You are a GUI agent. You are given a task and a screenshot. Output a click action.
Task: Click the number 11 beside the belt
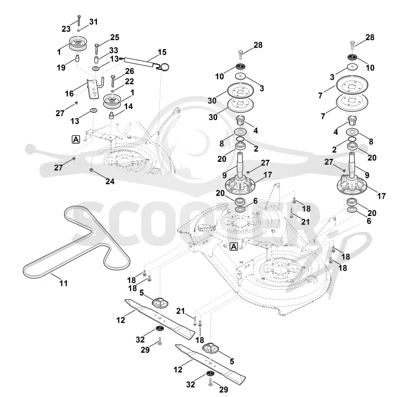point(64,283)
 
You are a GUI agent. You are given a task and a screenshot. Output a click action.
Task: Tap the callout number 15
point(162,52)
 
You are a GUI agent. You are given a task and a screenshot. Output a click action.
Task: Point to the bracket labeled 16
point(95,89)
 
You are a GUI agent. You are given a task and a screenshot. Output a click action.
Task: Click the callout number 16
point(69,94)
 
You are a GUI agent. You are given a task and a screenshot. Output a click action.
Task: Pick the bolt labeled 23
point(79,20)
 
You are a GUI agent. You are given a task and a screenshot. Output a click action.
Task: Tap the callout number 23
point(66,29)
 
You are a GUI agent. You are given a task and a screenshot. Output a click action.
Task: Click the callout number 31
point(93,22)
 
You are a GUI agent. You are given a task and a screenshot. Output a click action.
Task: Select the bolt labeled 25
point(97,48)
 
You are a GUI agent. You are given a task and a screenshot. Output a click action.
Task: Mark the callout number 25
point(115,38)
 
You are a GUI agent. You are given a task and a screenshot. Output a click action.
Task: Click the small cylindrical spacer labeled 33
point(96,61)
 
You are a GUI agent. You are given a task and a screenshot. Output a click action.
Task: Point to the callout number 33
point(114,51)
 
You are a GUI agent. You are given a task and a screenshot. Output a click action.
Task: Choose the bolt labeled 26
point(113,80)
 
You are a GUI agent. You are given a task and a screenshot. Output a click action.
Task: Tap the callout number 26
point(130,71)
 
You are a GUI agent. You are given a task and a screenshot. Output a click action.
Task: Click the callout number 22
point(130,81)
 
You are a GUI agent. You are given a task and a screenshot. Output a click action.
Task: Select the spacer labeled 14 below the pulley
point(111,115)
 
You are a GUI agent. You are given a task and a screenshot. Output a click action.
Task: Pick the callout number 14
point(129,106)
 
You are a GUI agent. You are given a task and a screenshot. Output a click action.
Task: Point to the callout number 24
point(110,181)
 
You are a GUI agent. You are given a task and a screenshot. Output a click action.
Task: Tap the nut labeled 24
point(91,169)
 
